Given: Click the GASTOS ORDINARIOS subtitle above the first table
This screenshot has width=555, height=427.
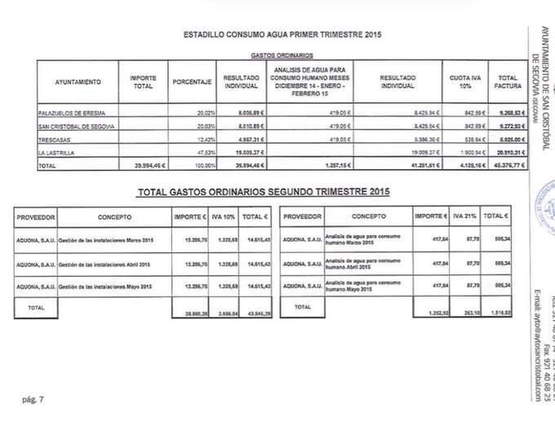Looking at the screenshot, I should point(272,56).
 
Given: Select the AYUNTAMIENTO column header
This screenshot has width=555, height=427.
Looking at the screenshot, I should point(78,82).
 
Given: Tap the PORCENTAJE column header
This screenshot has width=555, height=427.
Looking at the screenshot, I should point(193,82).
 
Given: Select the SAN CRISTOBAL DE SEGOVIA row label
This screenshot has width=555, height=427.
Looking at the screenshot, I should point(78,126).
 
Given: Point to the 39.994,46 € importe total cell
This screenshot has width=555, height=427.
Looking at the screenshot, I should point(148,166).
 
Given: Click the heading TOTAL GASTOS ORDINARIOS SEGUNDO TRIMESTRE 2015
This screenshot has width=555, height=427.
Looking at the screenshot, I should point(263,193).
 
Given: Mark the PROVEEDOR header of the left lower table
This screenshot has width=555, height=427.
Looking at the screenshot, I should point(35,218).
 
